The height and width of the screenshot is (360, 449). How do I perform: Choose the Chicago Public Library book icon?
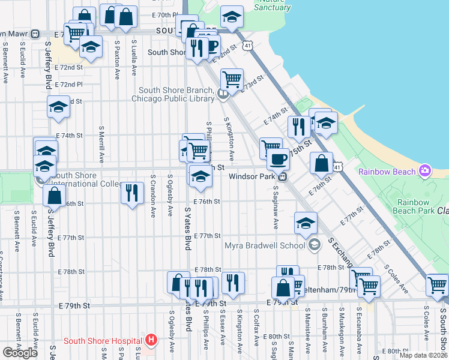pyautogui.click(x=223, y=93)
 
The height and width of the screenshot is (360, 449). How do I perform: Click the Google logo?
pyautogui.click(x=20, y=352)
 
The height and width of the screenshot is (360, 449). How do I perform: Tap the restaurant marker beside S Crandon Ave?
pyautogui.click(x=132, y=193)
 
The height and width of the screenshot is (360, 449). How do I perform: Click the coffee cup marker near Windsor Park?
pyautogui.click(x=277, y=159)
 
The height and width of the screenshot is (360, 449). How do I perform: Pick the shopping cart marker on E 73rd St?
pyautogui.click(x=231, y=78)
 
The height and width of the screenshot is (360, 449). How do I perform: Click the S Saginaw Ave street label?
pyautogui.click(x=276, y=207)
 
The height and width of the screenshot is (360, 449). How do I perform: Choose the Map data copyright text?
pyautogui.click(x=423, y=355)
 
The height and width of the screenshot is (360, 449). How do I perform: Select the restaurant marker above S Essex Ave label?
pyautogui.click(x=233, y=283)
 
